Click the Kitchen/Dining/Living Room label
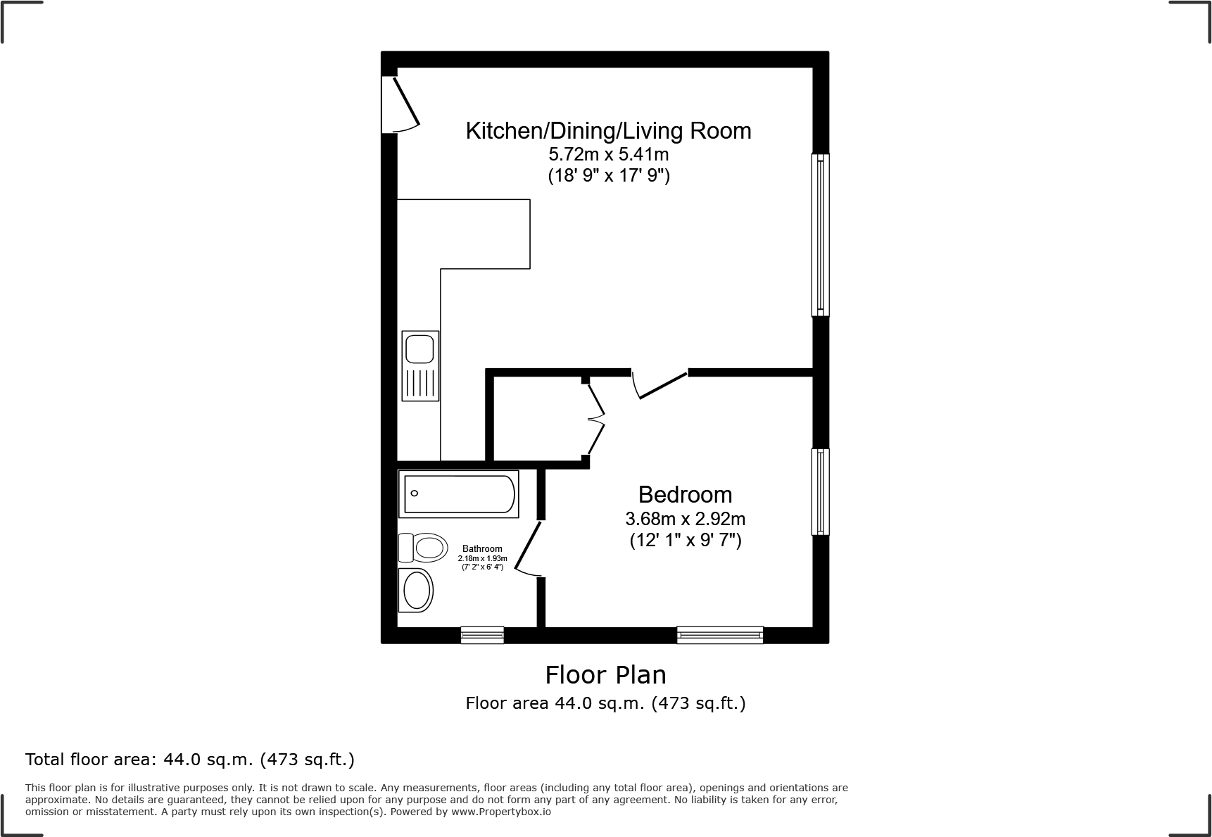click(x=608, y=131)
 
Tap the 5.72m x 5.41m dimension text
click(x=608, y=154)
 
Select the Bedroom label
click(x=685, y=494)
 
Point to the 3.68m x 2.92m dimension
click(x=685, y=520)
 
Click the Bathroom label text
click(x=482, y=549)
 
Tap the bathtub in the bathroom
click(x=458, y=493)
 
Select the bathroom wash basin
click(x=416, y=590)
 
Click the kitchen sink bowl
click(x=420, y=348)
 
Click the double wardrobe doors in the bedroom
click(x=597, y=420)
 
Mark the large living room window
click(x=821, y=234)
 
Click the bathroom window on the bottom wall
click(x=482, y=635)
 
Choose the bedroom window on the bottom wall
click(x=720, y=635)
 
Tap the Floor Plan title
click(x=605, y=675)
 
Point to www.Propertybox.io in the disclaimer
click(x=500, y=812)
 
